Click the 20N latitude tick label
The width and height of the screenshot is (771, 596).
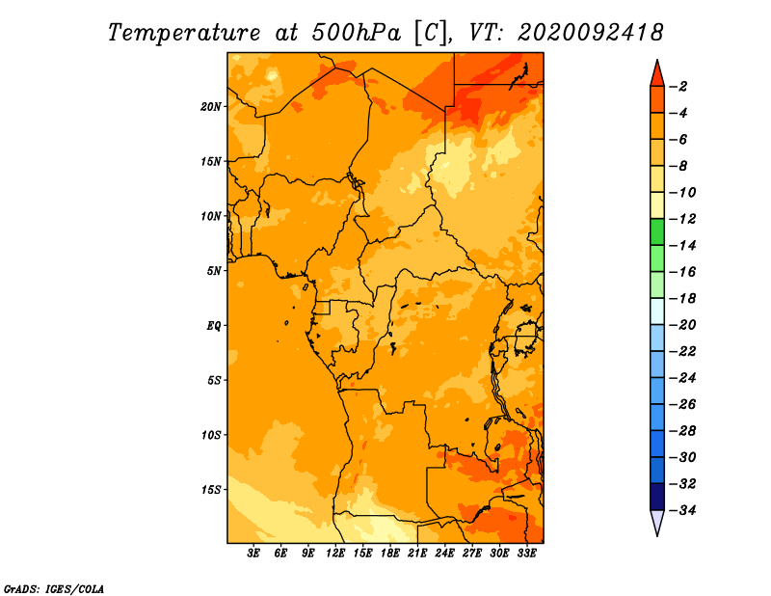tap(211, 106)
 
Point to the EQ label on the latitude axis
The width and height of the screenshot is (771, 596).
tap(214, 325)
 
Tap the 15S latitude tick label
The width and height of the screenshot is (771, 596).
tap(211, 489)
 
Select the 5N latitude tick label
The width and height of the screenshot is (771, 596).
tap(214, 270)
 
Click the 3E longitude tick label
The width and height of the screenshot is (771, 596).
tap(254, 554)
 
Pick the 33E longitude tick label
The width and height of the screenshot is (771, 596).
tap(527, 554)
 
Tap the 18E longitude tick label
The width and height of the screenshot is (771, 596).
tap(390, 554)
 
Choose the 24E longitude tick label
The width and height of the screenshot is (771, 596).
tap(445, 554)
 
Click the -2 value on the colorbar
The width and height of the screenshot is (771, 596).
tap(680, 87)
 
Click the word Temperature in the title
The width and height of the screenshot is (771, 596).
tap(188, 32)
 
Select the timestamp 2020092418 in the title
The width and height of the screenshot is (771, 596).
tap(590, 32)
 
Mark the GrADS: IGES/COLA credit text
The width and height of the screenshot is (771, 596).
tap(54, 587)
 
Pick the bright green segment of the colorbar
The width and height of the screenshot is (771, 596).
tap(656, 231)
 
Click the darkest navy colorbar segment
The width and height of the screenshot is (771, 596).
tap(656, 496)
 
